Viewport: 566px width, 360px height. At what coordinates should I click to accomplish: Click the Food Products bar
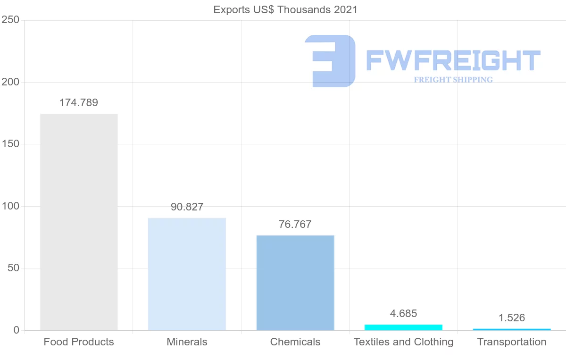tap(79, 222)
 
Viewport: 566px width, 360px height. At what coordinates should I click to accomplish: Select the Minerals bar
tap(187, 274)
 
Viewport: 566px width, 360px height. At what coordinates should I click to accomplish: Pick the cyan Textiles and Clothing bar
tap(403, 327)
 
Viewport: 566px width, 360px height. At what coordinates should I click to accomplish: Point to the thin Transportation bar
tap(512, 329)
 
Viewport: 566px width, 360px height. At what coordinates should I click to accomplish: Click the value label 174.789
tap(79, 103)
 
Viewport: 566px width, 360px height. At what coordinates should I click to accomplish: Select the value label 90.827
tap(187, 207)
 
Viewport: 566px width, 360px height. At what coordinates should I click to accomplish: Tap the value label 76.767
tap(295, 224)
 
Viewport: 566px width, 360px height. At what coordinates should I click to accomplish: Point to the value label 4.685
tap(403, 314)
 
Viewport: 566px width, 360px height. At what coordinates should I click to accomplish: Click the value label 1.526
tap(512, 318)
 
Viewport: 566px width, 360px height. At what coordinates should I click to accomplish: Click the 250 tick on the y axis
tap(10, 20)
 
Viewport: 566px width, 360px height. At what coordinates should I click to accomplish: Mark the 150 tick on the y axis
tap(10, 144)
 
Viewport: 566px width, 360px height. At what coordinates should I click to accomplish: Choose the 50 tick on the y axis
tap(13, 268)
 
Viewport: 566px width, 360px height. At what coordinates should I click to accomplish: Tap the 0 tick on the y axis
tap(16, 330)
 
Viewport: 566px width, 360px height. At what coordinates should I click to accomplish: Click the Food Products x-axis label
tap(79, 342)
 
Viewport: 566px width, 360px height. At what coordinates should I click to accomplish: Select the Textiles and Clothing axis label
tap(403, 342)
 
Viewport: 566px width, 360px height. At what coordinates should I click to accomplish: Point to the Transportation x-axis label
tap(512, 342)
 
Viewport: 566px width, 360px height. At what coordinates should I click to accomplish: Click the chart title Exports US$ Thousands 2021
tap(286, 9)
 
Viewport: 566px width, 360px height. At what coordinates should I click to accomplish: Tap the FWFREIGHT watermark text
tap(453, 60)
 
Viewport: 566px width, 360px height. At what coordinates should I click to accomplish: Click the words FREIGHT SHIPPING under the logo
tap(453, 80)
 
